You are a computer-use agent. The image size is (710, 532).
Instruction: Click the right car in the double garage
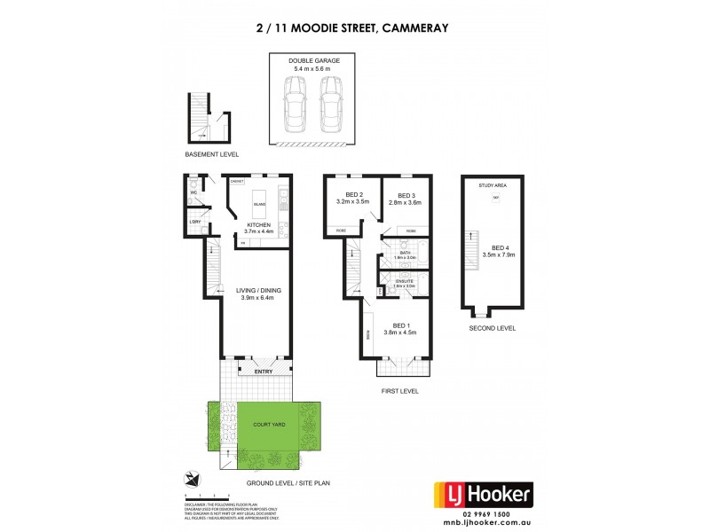click(x=330, y=104)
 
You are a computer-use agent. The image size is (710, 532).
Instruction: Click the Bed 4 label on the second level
click(x=501, y=251)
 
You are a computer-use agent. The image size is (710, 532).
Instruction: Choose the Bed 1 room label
click(x=399, y=327)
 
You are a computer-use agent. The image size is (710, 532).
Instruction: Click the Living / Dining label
click(x=257, y=293)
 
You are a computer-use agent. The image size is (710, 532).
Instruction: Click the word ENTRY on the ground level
click(x=264, y=372)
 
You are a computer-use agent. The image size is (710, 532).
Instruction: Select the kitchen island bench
click(x=259, y=205)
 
